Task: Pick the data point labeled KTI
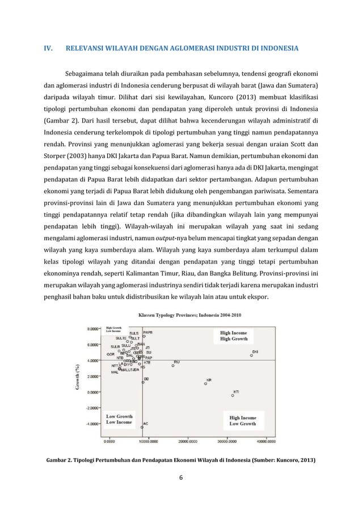point(233,396)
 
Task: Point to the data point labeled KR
point(205,384)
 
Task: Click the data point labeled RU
point(173,366)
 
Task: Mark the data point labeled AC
point(142,427)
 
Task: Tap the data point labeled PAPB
point(144,337)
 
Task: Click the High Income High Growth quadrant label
point(234,336)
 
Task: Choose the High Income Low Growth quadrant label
point(242,420)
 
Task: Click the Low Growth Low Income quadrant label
point(119,419)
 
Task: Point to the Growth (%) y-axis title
point(77,376)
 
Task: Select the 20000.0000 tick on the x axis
point(187,440)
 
